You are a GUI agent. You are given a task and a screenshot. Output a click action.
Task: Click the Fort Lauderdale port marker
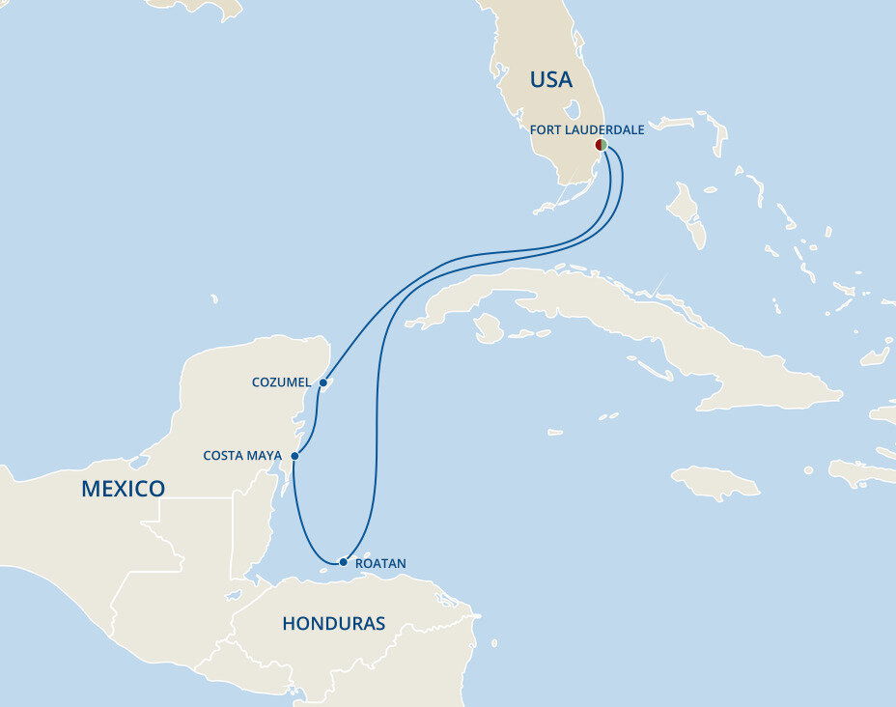coord(601,145)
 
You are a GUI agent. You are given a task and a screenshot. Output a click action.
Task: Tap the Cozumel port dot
coord(323,382)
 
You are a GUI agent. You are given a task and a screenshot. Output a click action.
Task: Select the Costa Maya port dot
coord(294,456)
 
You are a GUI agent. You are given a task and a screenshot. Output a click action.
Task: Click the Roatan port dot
coord(343,562)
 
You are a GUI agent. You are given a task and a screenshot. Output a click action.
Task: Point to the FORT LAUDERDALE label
coord(587,128)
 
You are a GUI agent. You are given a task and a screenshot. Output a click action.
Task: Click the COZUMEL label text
coord(281,382)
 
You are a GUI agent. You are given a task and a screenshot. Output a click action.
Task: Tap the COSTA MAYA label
coord(242,455)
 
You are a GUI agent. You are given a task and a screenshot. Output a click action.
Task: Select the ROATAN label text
coord(380,563)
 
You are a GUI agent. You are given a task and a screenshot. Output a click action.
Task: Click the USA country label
coord(550,80)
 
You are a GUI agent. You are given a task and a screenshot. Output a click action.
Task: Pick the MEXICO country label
coord(123,489)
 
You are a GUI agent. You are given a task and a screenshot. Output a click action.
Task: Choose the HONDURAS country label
coord(333,624)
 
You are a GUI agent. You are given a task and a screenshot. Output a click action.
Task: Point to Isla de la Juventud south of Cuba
coord(490,328)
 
